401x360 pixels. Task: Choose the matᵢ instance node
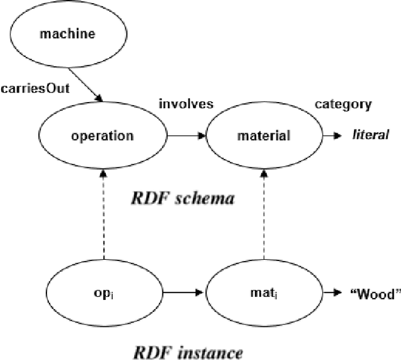[264, 291]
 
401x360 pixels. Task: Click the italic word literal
[370, 135]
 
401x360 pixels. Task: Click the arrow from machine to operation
[85, 80]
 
